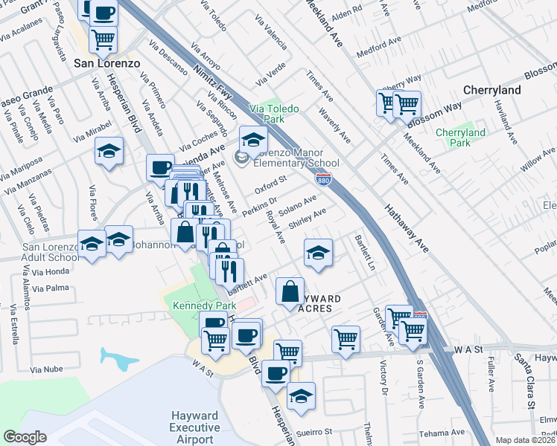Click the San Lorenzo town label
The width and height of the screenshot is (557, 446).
(x=106, y=63)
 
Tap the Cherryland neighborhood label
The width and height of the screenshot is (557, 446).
(x=491, y=89)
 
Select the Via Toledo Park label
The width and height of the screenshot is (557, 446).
(x=274, y=114)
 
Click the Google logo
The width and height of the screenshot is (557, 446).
(x=25, y=437)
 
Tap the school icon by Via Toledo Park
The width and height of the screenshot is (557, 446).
(x=253, y=138)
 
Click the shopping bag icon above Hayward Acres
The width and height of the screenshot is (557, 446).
(x=290, y=291)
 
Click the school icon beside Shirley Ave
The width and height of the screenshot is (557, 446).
(x=318, y=253)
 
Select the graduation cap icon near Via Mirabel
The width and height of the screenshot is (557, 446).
(x=109, y=152)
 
